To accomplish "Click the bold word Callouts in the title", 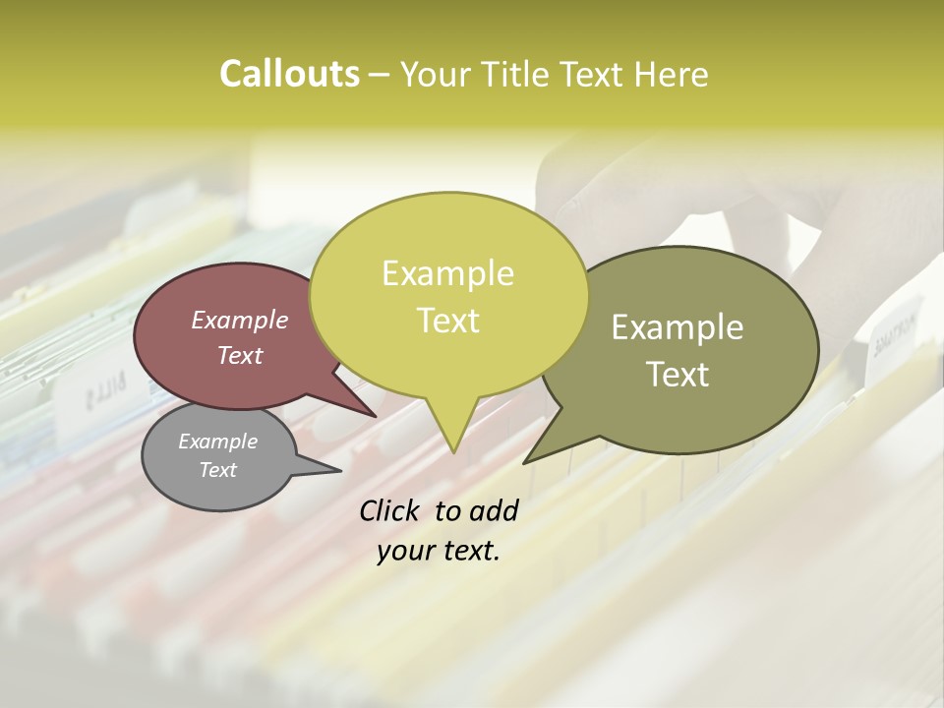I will pos(289,74).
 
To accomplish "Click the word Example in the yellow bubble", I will pos(447,273).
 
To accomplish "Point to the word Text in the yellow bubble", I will pos(447,321).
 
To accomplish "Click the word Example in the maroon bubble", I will pos(240,320).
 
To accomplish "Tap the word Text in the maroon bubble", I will pos(240,355).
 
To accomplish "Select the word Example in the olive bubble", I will pos(678,327).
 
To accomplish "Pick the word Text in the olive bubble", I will pos(678,375).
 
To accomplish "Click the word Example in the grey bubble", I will pos(218,442).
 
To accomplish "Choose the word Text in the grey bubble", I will pos(218,470).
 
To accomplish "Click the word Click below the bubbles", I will pos(390,510).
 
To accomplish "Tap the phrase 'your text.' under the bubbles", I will pos(439,551).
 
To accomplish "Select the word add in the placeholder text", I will pos(494,510).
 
